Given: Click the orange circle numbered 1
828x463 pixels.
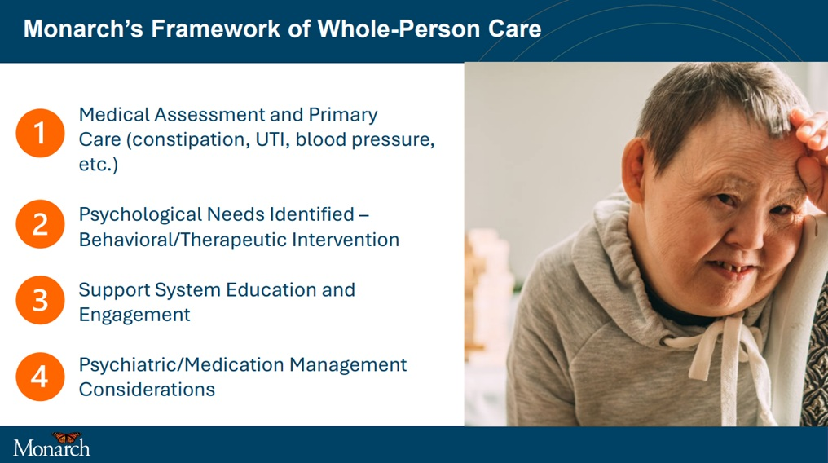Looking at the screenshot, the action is pos(40,133).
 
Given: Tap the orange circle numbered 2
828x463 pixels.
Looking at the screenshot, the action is pos(40,224).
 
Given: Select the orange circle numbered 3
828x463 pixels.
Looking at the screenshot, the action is pos(40,300).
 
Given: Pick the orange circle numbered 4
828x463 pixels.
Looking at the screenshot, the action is pos(40,377).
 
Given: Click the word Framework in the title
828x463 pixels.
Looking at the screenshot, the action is pos(215,29).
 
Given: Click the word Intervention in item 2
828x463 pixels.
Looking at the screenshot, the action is pos(346,240).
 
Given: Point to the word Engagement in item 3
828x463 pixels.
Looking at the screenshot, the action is pos(134,315).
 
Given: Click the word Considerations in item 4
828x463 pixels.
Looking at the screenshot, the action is pos(147,390).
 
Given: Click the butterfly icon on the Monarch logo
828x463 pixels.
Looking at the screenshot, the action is pos(67,438).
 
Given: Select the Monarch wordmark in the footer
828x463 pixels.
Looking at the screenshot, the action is pos(52,448).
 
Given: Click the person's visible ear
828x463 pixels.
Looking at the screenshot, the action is pos(634,169).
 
